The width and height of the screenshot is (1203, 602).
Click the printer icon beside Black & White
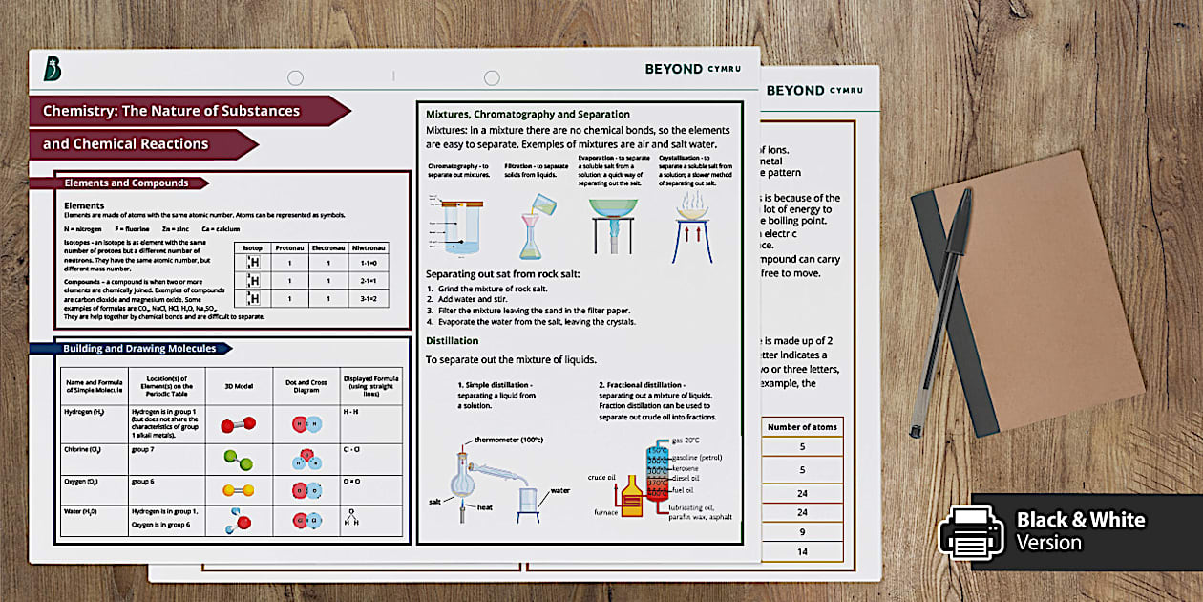[x=972, y=530]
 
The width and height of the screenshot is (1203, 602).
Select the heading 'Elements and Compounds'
[x=126, y=183]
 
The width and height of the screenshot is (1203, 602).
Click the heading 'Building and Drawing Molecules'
[x=139, y=349]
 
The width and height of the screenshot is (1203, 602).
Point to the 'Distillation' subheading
[x=453, y=341]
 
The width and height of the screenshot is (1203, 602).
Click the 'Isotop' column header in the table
[x=252, y=247]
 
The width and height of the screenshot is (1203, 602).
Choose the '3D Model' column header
[x=239, y=386]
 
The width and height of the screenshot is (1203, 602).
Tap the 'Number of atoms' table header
[x=803, y=426]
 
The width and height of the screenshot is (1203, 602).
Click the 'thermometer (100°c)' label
[x=509, y=441]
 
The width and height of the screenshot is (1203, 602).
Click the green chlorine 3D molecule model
[x=238, y=459]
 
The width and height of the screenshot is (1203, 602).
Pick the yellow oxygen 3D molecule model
[x=238, y=490]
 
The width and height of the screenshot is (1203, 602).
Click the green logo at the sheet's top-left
[x=53, y=70]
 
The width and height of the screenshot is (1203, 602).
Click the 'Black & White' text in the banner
[x=1080, y=520]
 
